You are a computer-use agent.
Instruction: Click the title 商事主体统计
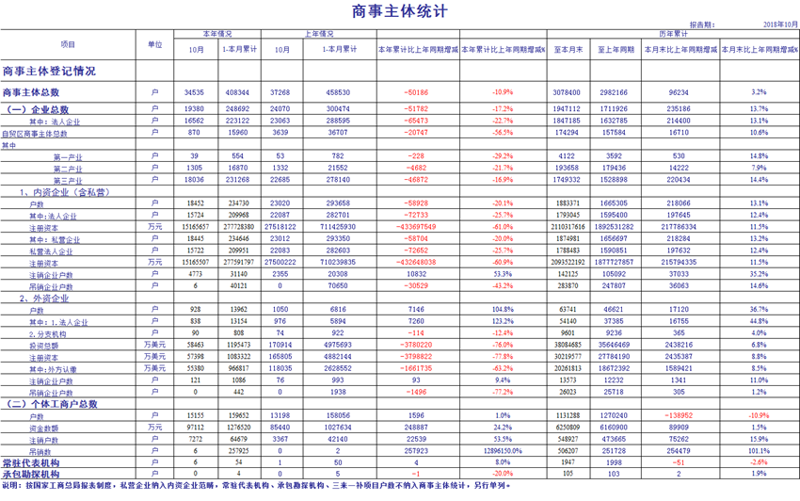tap(399, 11)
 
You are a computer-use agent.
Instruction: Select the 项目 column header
tap(68, 45)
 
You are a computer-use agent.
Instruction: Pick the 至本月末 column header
tap(567, 49)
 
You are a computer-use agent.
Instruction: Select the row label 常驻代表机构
tap(31, 463)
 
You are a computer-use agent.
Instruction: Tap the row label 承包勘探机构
tap(31, 474)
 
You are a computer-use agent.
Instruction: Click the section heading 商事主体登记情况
tap(49, 71)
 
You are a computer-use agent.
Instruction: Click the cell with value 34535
tap(195, 92)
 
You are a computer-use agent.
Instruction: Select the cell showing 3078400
tap(567, 92)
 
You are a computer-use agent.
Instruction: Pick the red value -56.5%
tap(503, 134)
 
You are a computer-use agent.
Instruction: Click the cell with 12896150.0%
tap(502, 451)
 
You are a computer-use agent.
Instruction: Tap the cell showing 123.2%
tap(503, 320)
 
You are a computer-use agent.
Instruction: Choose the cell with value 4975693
tap(336, 345)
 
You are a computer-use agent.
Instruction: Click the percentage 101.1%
tap(759, 451)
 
